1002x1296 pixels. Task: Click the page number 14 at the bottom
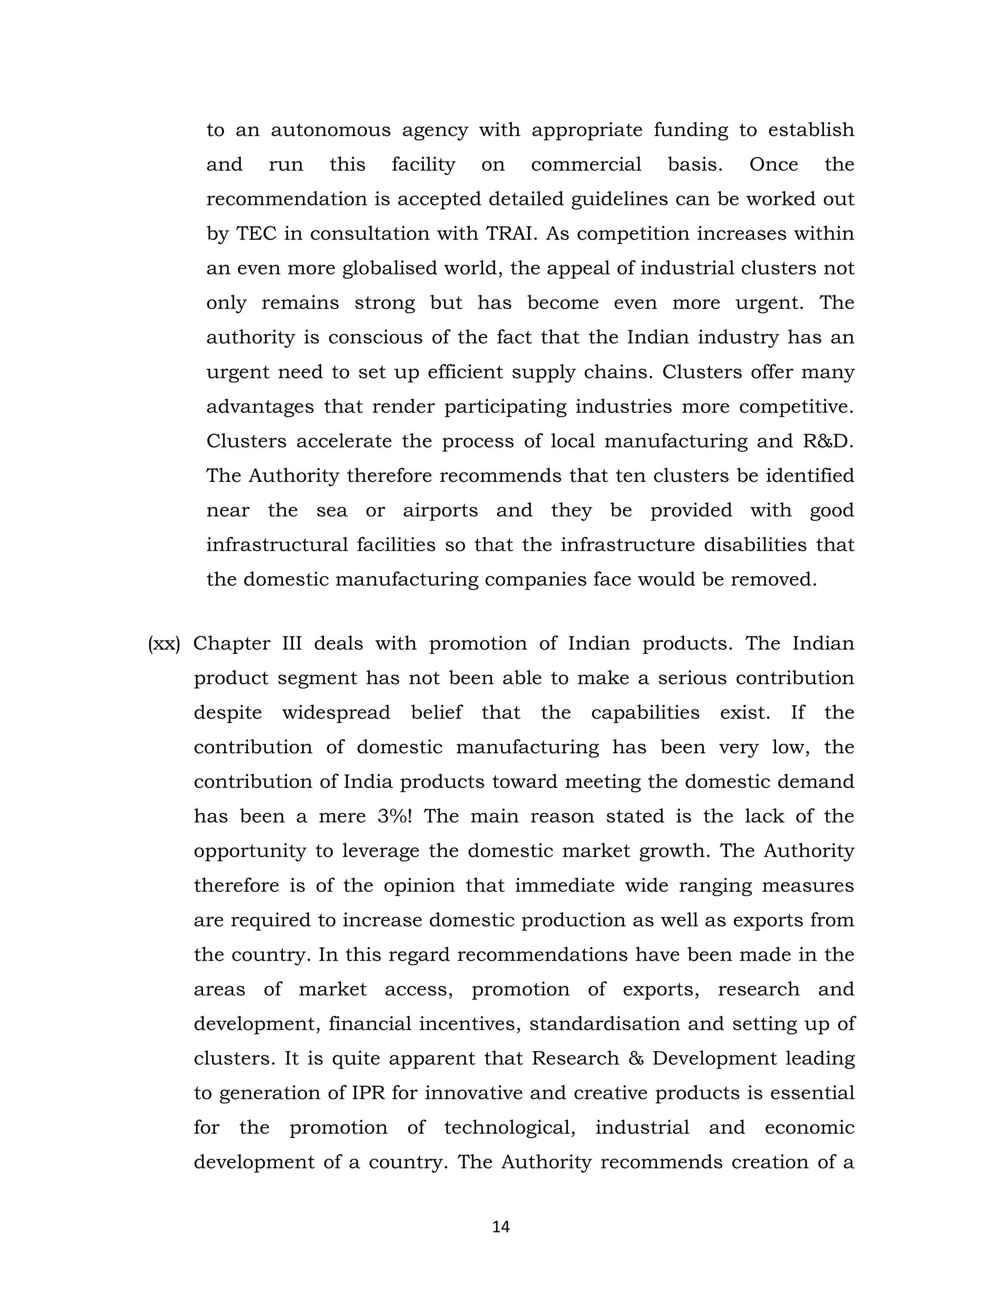coord(501,1227)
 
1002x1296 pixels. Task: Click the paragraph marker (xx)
coord(164,644)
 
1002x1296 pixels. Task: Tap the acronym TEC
coord(256,234)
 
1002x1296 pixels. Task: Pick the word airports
coord(440,511)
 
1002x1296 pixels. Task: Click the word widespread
coord(336,713)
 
